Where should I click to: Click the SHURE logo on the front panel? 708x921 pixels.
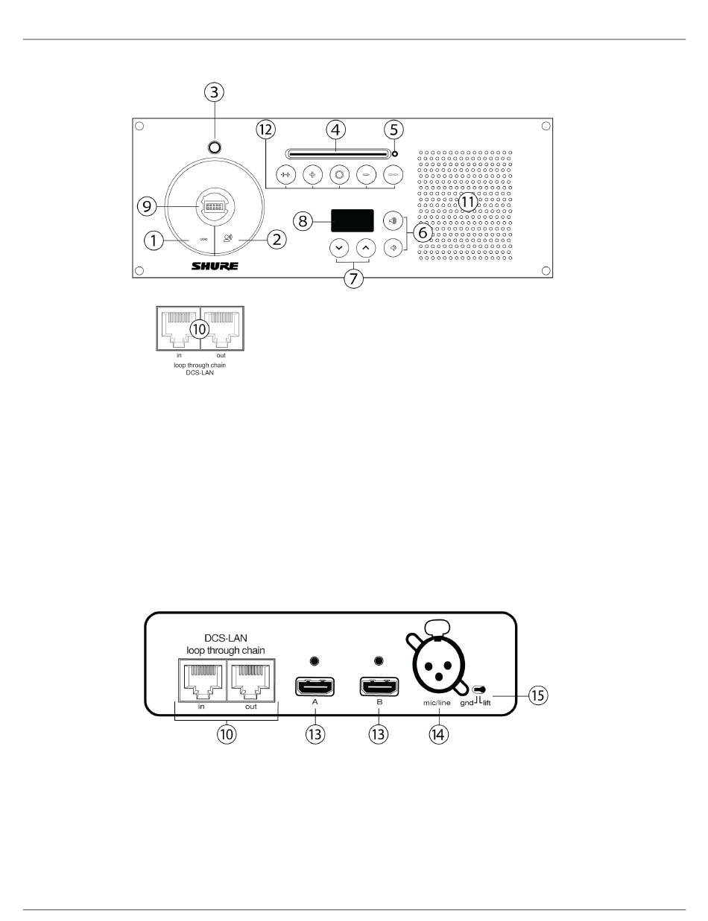tap(215, 266)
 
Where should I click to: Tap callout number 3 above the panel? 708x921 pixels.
tap(214, 93)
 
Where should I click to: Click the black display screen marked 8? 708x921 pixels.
tap(353, 220)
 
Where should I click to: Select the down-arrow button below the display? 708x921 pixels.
tap(339, 247)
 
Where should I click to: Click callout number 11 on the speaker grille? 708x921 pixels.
tap(467, 201)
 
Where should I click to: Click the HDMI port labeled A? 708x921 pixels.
tap(315, 686)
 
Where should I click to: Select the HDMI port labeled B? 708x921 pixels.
tap(379, 686)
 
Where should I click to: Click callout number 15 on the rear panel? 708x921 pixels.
tap(536, 696)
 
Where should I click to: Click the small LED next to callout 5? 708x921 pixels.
tap(395, 155)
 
